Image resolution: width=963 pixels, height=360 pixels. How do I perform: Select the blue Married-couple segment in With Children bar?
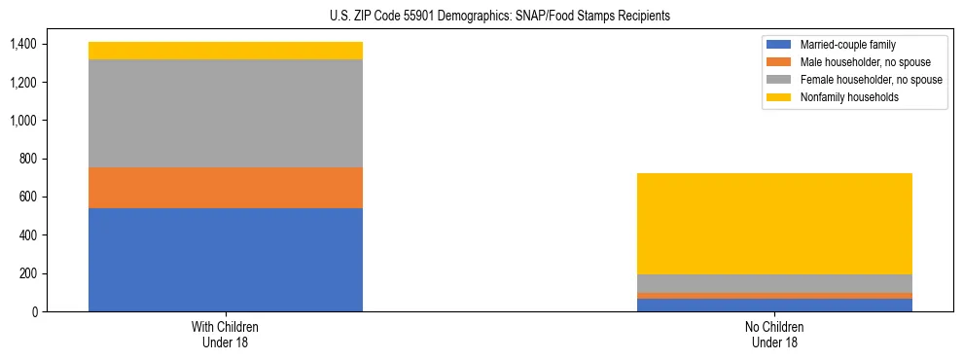point(225,260)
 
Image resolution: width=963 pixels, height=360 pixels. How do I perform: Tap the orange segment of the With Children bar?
point(225,188)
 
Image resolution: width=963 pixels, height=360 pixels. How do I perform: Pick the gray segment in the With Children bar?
point(225,113)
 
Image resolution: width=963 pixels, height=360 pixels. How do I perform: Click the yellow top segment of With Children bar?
point(225,51)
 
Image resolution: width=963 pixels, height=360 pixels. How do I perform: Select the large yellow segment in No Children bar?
point(773,224)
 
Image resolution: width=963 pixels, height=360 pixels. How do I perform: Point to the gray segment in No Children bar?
point(773,283)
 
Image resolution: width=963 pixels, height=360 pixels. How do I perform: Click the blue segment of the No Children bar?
point(773,305)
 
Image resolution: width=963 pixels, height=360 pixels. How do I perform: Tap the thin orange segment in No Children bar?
point(773,295)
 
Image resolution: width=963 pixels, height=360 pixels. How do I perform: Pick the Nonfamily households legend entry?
point(843,97)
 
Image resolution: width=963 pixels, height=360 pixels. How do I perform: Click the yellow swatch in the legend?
point(779,97)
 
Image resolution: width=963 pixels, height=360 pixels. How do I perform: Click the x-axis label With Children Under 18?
point(225,335)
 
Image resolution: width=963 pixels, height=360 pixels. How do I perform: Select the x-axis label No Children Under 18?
point(773,335)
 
